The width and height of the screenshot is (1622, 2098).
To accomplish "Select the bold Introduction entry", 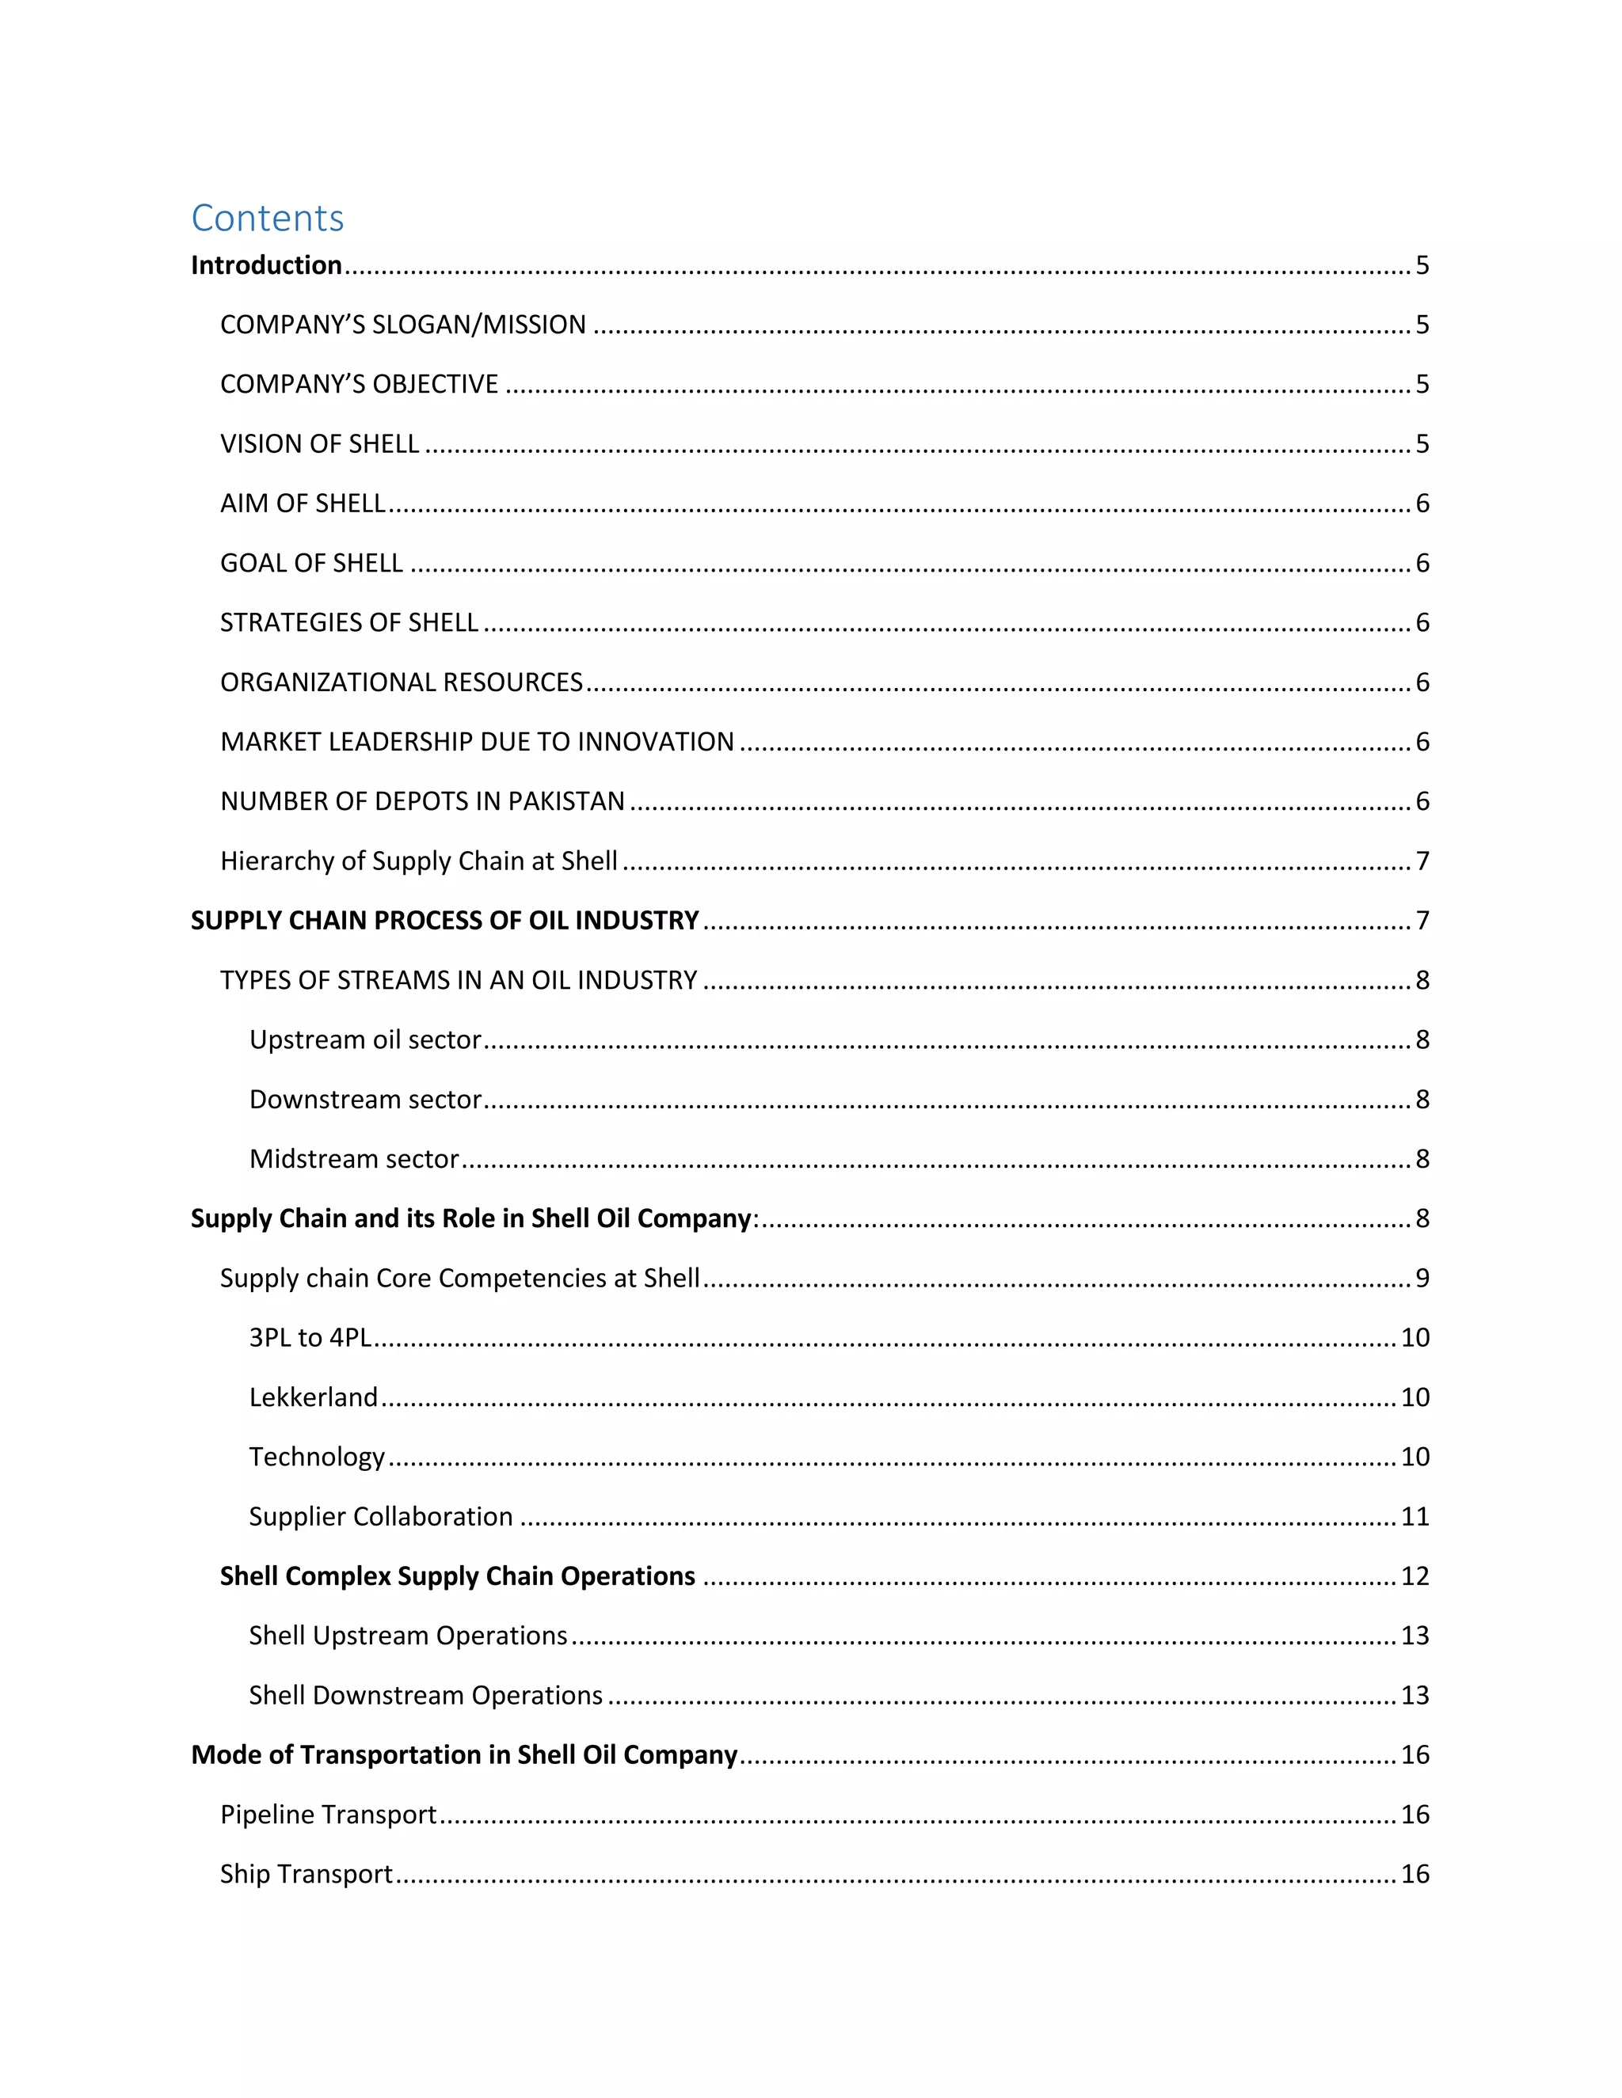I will (266, 265).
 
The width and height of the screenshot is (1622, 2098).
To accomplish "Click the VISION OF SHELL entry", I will (319, 444).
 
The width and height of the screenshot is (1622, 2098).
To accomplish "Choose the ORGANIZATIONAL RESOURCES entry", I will (402, 682).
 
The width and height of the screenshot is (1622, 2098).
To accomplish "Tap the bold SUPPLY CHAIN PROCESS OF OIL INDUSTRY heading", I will (444, 920).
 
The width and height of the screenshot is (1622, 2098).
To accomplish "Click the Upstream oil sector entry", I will (365, 1039).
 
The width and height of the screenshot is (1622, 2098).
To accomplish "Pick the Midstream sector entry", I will (353, 1158).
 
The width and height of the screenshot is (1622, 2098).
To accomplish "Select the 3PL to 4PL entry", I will (310, 1337).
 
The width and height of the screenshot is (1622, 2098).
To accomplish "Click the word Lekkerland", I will (314, 1397).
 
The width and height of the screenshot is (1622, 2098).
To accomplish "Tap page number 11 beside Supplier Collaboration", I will (1414, 1516).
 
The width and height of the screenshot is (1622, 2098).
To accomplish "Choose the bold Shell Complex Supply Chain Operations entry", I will (458, 1575).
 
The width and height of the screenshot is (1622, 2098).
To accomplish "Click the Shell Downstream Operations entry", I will (425, 1694).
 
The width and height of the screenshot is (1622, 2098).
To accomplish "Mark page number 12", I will (1414, 1575).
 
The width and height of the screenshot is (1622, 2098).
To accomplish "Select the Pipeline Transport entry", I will (328, 1814).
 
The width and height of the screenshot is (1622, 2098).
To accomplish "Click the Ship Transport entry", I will (306, 1873).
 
